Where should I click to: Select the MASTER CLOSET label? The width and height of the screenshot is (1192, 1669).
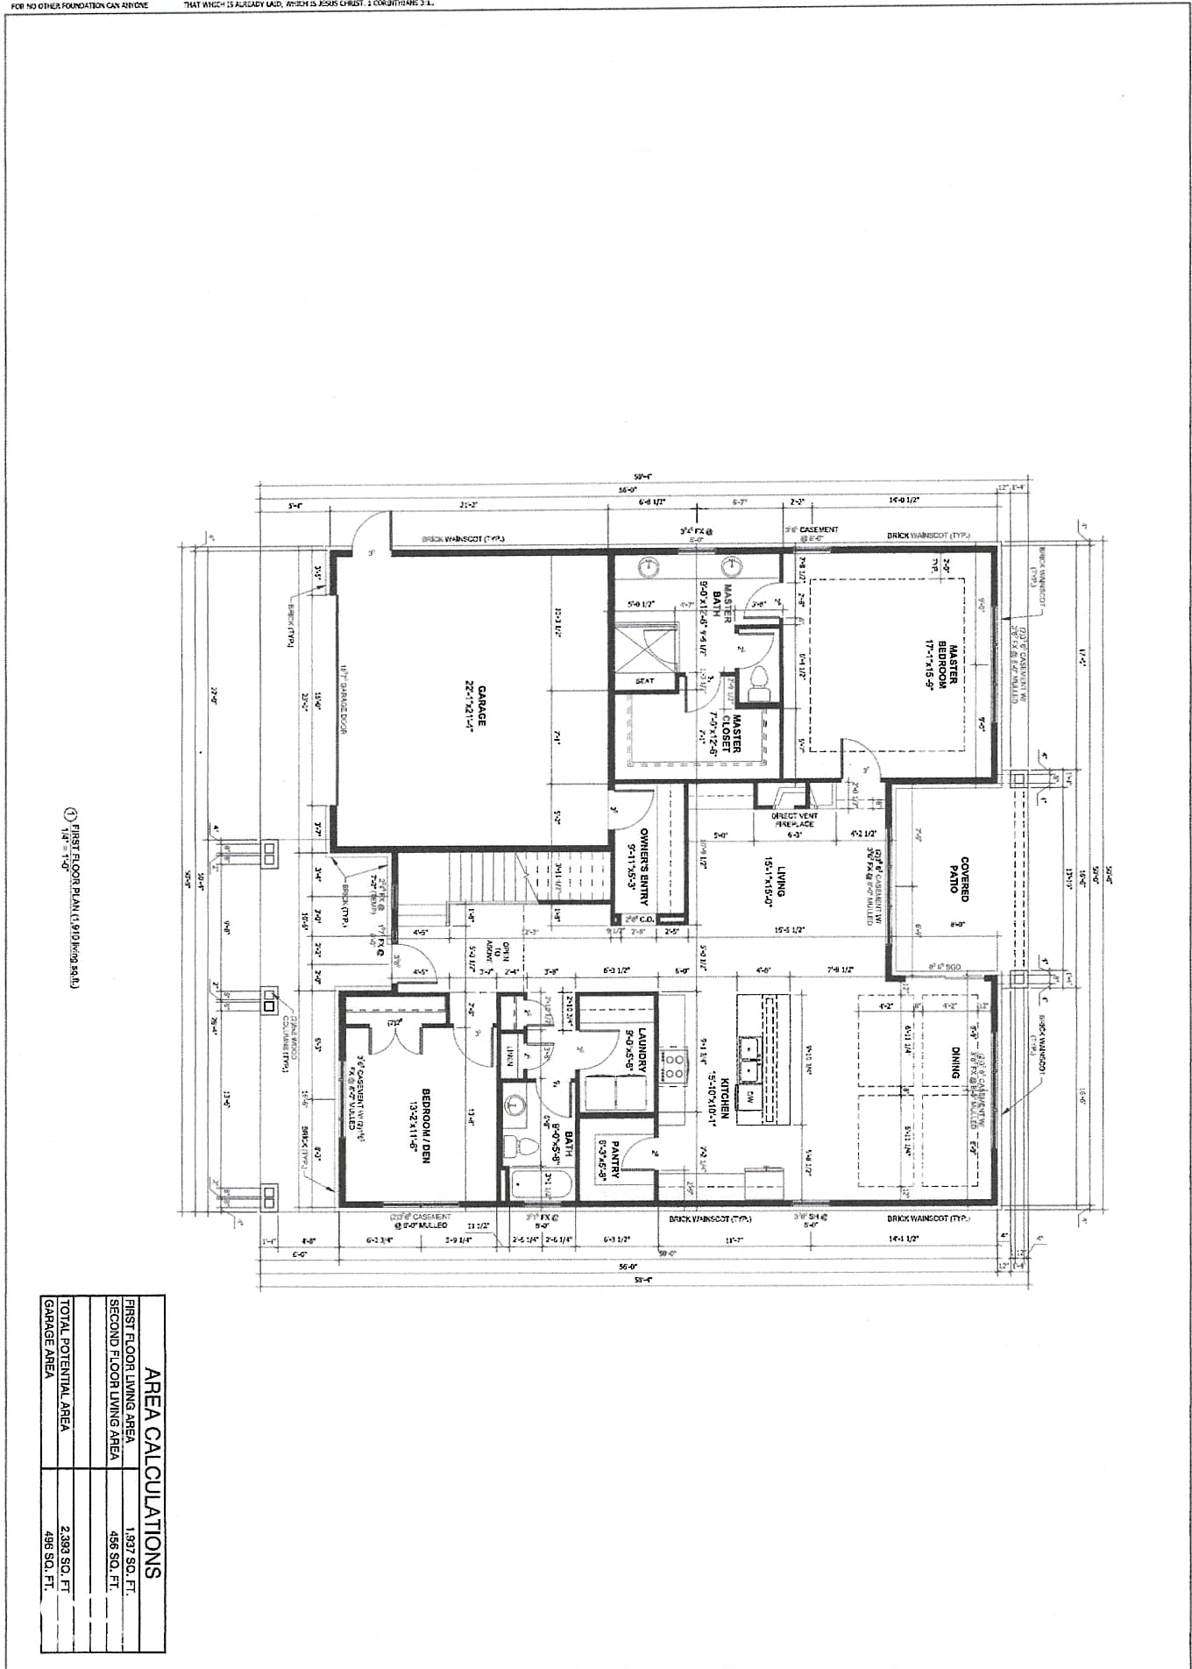click(x=730, y=733)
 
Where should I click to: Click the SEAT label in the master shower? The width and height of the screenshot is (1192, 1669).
click(x=644, y=681)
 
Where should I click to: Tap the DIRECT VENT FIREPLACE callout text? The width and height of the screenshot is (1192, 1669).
click(x=794, y=820)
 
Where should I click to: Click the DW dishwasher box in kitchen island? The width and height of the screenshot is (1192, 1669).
click(x=750, y=1096)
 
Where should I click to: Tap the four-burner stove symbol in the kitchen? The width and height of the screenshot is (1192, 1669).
click(x=673, y=1067)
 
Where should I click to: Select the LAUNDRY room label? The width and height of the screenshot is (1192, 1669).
click(x=635, y=1049)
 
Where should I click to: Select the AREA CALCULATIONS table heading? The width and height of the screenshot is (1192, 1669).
click(x=150, y=1473)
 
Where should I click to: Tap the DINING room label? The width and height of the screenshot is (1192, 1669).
click(x=954, y=1063)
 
